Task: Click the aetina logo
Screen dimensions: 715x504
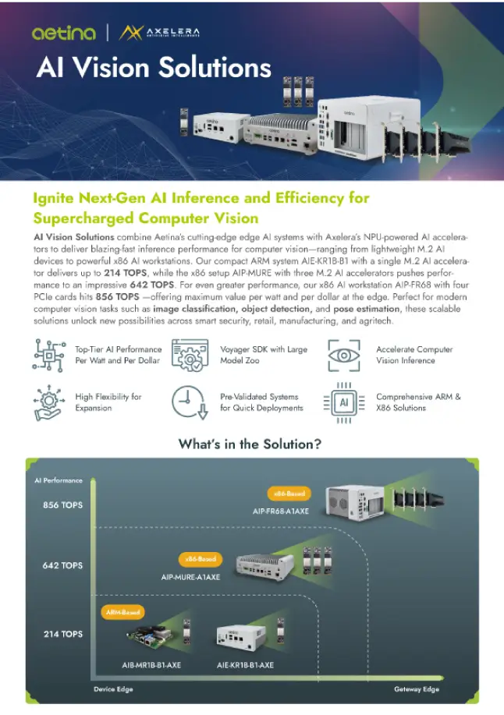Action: [x=65, y=32]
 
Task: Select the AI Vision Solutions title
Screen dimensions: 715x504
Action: [x=154, y=67]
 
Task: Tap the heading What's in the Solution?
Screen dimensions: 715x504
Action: [x=251, y=444]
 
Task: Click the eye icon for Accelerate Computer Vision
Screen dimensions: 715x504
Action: [x=343, y=355]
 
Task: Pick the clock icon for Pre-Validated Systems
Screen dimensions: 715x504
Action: [x=189, y=402]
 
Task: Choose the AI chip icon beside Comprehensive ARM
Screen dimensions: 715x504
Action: [x=343, y=402]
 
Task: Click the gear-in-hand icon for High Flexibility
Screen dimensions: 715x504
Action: [x=48, y=402]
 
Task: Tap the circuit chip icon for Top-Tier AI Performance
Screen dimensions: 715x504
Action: [x=48, y=355]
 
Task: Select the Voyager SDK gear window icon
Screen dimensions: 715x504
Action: [x=189, y=355]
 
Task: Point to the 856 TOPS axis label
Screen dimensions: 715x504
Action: [x=62, y=504]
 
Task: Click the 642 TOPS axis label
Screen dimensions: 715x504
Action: [x=62, y=565]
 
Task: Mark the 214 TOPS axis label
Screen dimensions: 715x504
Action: [x=62, y=634]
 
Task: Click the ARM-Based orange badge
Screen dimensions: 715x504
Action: [x=123, y=613]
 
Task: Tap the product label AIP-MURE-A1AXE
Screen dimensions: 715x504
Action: [x=190, y=577]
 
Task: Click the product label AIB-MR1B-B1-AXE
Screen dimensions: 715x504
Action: [x=151, y=665]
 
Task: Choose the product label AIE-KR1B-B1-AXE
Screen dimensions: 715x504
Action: [x=245, y=665]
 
